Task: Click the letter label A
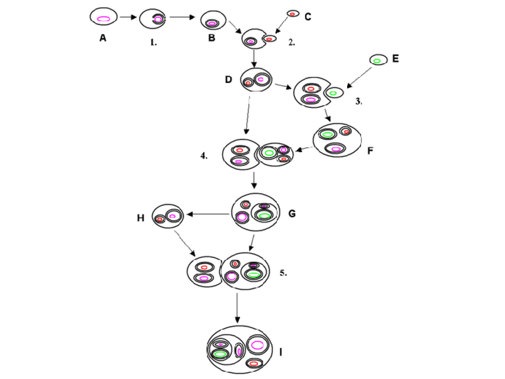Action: pos(103,39)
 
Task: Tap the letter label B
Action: pos(211,38)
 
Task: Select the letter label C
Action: pos(307,17)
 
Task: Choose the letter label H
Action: pos(141,218)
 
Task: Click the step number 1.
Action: pos(153,42)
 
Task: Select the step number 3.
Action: pos(359,101)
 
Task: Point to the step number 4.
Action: pos(204,156)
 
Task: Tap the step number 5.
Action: pos(283,274)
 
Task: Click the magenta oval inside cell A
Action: pos(103,18)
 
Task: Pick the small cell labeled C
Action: pos(292,13)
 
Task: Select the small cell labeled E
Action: pos(377,60)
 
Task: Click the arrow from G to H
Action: pos(208,214)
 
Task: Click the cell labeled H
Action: pos(167,216)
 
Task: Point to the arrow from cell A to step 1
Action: pos(128,18)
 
